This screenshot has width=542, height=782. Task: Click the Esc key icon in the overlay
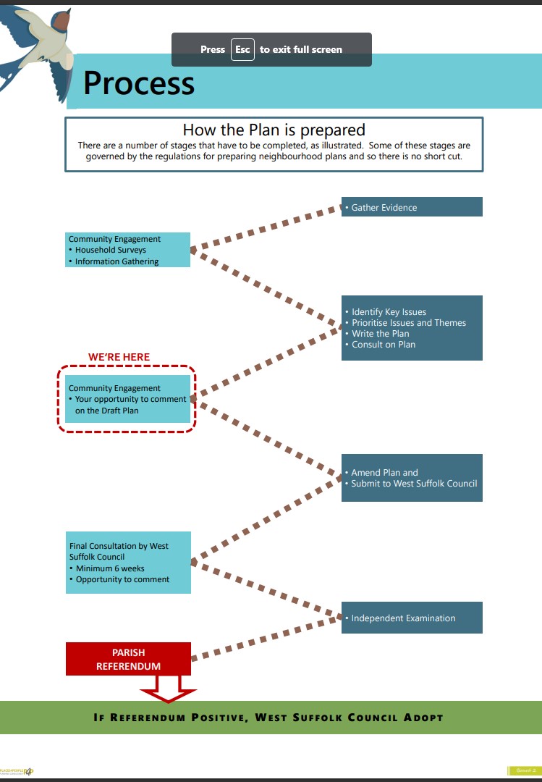tap(242, 49)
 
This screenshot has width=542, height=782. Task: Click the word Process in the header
tap(139, 83)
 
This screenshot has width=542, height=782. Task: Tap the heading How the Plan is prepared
tap(274, 130)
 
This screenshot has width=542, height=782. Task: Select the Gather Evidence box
tap(412, 207)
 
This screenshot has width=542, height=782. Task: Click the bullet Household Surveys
tap(111, 250)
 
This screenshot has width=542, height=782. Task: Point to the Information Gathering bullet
tap(117, 261)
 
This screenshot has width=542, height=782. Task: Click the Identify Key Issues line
tap(389, 312)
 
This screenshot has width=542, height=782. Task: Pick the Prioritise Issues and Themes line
tap(409, 323)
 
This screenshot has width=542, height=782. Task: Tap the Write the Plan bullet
tap(380, 334)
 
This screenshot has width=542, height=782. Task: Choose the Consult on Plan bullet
tap(384, 345)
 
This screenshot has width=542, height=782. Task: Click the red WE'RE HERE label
tap(119, 357)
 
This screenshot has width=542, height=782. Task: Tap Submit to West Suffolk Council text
tap(414, 484)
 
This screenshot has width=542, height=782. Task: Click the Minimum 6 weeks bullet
tap(110, 568)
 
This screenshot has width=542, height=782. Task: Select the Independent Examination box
tap(412, 618)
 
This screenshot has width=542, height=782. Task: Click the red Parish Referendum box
tap(129, 659)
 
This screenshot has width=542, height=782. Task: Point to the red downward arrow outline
tap(168, 691)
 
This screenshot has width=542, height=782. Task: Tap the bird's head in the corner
tap(62, 20)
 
